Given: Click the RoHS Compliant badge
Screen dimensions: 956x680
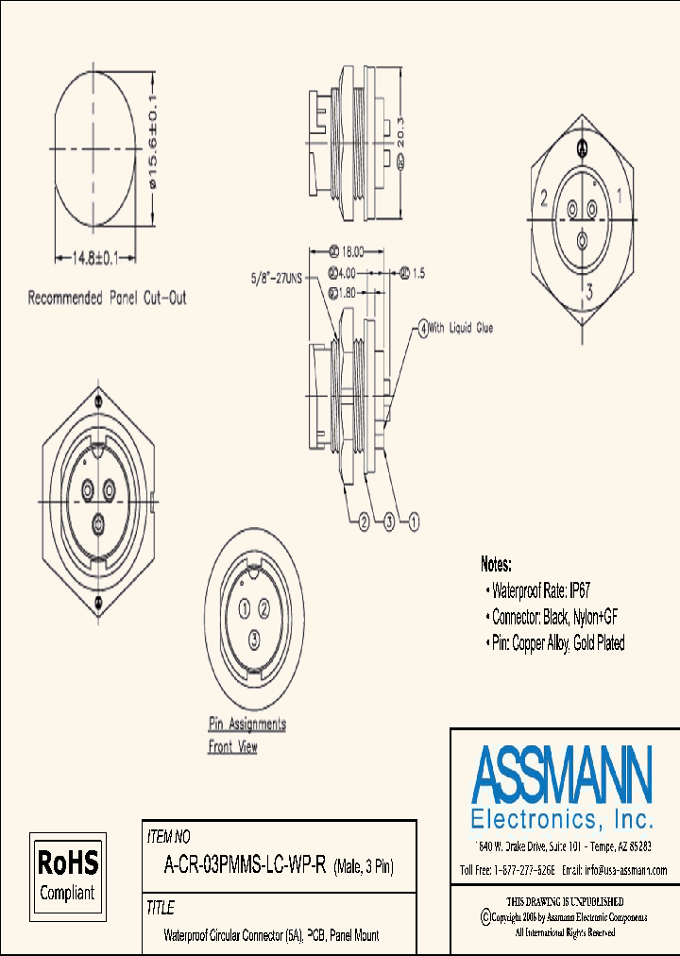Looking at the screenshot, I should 67,876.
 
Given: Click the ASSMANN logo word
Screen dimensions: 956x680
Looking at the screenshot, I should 561,775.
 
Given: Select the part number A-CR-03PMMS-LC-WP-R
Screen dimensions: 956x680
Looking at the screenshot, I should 246,865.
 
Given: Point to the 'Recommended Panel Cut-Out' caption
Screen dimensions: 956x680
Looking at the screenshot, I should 107,299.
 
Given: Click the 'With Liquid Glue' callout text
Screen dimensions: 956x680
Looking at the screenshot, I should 461,329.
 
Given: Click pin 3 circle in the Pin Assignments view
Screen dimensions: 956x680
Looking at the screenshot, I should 254,641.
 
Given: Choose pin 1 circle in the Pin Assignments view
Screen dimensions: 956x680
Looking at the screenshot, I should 244,607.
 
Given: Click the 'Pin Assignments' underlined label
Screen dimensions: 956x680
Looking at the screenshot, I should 246,725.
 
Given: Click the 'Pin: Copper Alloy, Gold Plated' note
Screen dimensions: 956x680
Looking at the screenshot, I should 557,643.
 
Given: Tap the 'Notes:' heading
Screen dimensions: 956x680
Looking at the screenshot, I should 496,565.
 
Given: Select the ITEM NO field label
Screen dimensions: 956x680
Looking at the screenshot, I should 169,837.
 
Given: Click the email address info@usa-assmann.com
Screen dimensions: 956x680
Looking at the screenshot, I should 614,870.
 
